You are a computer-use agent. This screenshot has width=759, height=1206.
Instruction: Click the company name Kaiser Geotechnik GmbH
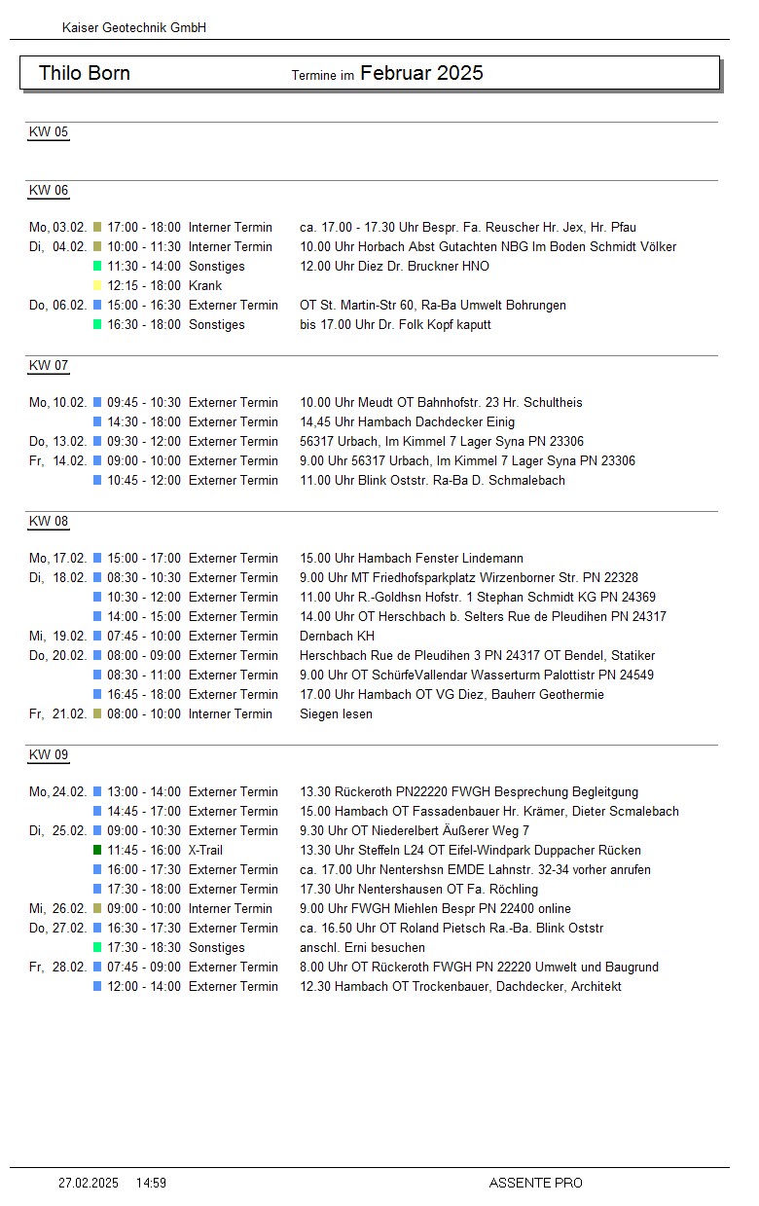pos(134,28)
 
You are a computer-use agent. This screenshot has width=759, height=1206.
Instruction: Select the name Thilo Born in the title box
pos(85,74)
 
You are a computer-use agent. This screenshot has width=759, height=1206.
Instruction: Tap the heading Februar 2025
pos(421,73)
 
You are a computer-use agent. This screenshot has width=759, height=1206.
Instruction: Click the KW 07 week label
pos(49,366)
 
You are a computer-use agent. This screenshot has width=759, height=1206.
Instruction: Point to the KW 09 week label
pos(49,755)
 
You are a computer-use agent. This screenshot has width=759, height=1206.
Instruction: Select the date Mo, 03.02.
pos(58,228)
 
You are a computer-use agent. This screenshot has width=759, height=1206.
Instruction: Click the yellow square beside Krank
pos(97,286)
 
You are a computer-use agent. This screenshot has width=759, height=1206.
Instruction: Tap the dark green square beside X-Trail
pos(97,851)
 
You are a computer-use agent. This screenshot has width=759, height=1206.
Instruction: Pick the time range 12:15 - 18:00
pos(144,286)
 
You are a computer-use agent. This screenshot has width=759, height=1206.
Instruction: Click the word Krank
pos(205,286)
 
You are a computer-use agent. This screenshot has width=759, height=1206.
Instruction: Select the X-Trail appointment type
pos(206,851)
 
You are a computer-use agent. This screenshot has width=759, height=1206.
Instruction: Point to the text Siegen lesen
pos(336,714)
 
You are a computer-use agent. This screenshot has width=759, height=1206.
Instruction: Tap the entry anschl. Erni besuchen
pos(362,948)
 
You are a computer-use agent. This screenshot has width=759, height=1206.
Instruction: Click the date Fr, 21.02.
pos(58,714)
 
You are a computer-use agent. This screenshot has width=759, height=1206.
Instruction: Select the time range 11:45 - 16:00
pos(144,851)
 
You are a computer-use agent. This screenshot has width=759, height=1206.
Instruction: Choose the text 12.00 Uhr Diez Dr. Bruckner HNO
pos(394,267)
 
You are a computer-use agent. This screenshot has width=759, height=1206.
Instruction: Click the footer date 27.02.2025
pos(89,1184)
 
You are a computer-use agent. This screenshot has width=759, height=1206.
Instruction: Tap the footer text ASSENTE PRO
pos(535,1184)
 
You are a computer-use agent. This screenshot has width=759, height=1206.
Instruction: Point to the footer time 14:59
pos(151,1184)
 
